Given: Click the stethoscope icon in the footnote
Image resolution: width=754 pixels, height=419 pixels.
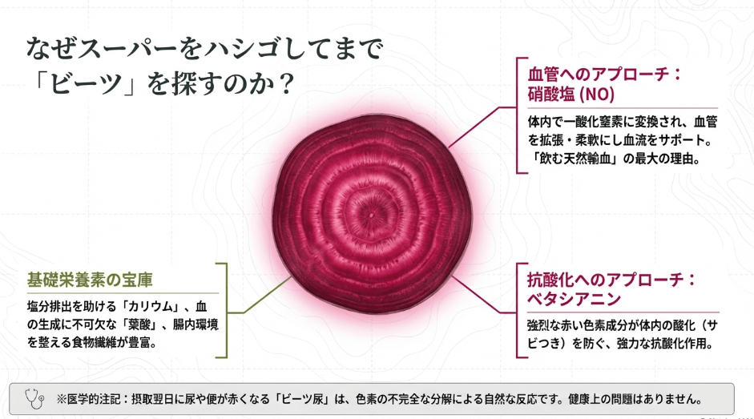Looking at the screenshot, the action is (34, 399).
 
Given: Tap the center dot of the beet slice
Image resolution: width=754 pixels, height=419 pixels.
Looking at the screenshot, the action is (371, 215).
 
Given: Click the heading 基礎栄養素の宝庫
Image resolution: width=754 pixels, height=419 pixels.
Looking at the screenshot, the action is (90, 280).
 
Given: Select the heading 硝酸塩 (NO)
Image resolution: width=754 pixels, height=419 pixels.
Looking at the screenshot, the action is (571, 94).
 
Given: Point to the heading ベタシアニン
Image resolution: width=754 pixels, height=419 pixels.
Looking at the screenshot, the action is (574, 299).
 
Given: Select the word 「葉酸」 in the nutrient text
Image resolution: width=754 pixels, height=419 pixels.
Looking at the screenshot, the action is (141, 324).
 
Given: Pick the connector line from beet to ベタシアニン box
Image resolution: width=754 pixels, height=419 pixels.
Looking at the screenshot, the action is (484, 295).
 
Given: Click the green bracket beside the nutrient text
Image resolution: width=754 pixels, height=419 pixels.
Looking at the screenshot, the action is (226, 311).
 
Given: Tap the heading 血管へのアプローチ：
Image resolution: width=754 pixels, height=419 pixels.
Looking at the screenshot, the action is (604, 75).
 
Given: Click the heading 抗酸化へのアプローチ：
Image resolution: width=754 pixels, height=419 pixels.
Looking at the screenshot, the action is (611, 280).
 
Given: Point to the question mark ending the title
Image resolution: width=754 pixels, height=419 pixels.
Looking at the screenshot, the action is (286, 83).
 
